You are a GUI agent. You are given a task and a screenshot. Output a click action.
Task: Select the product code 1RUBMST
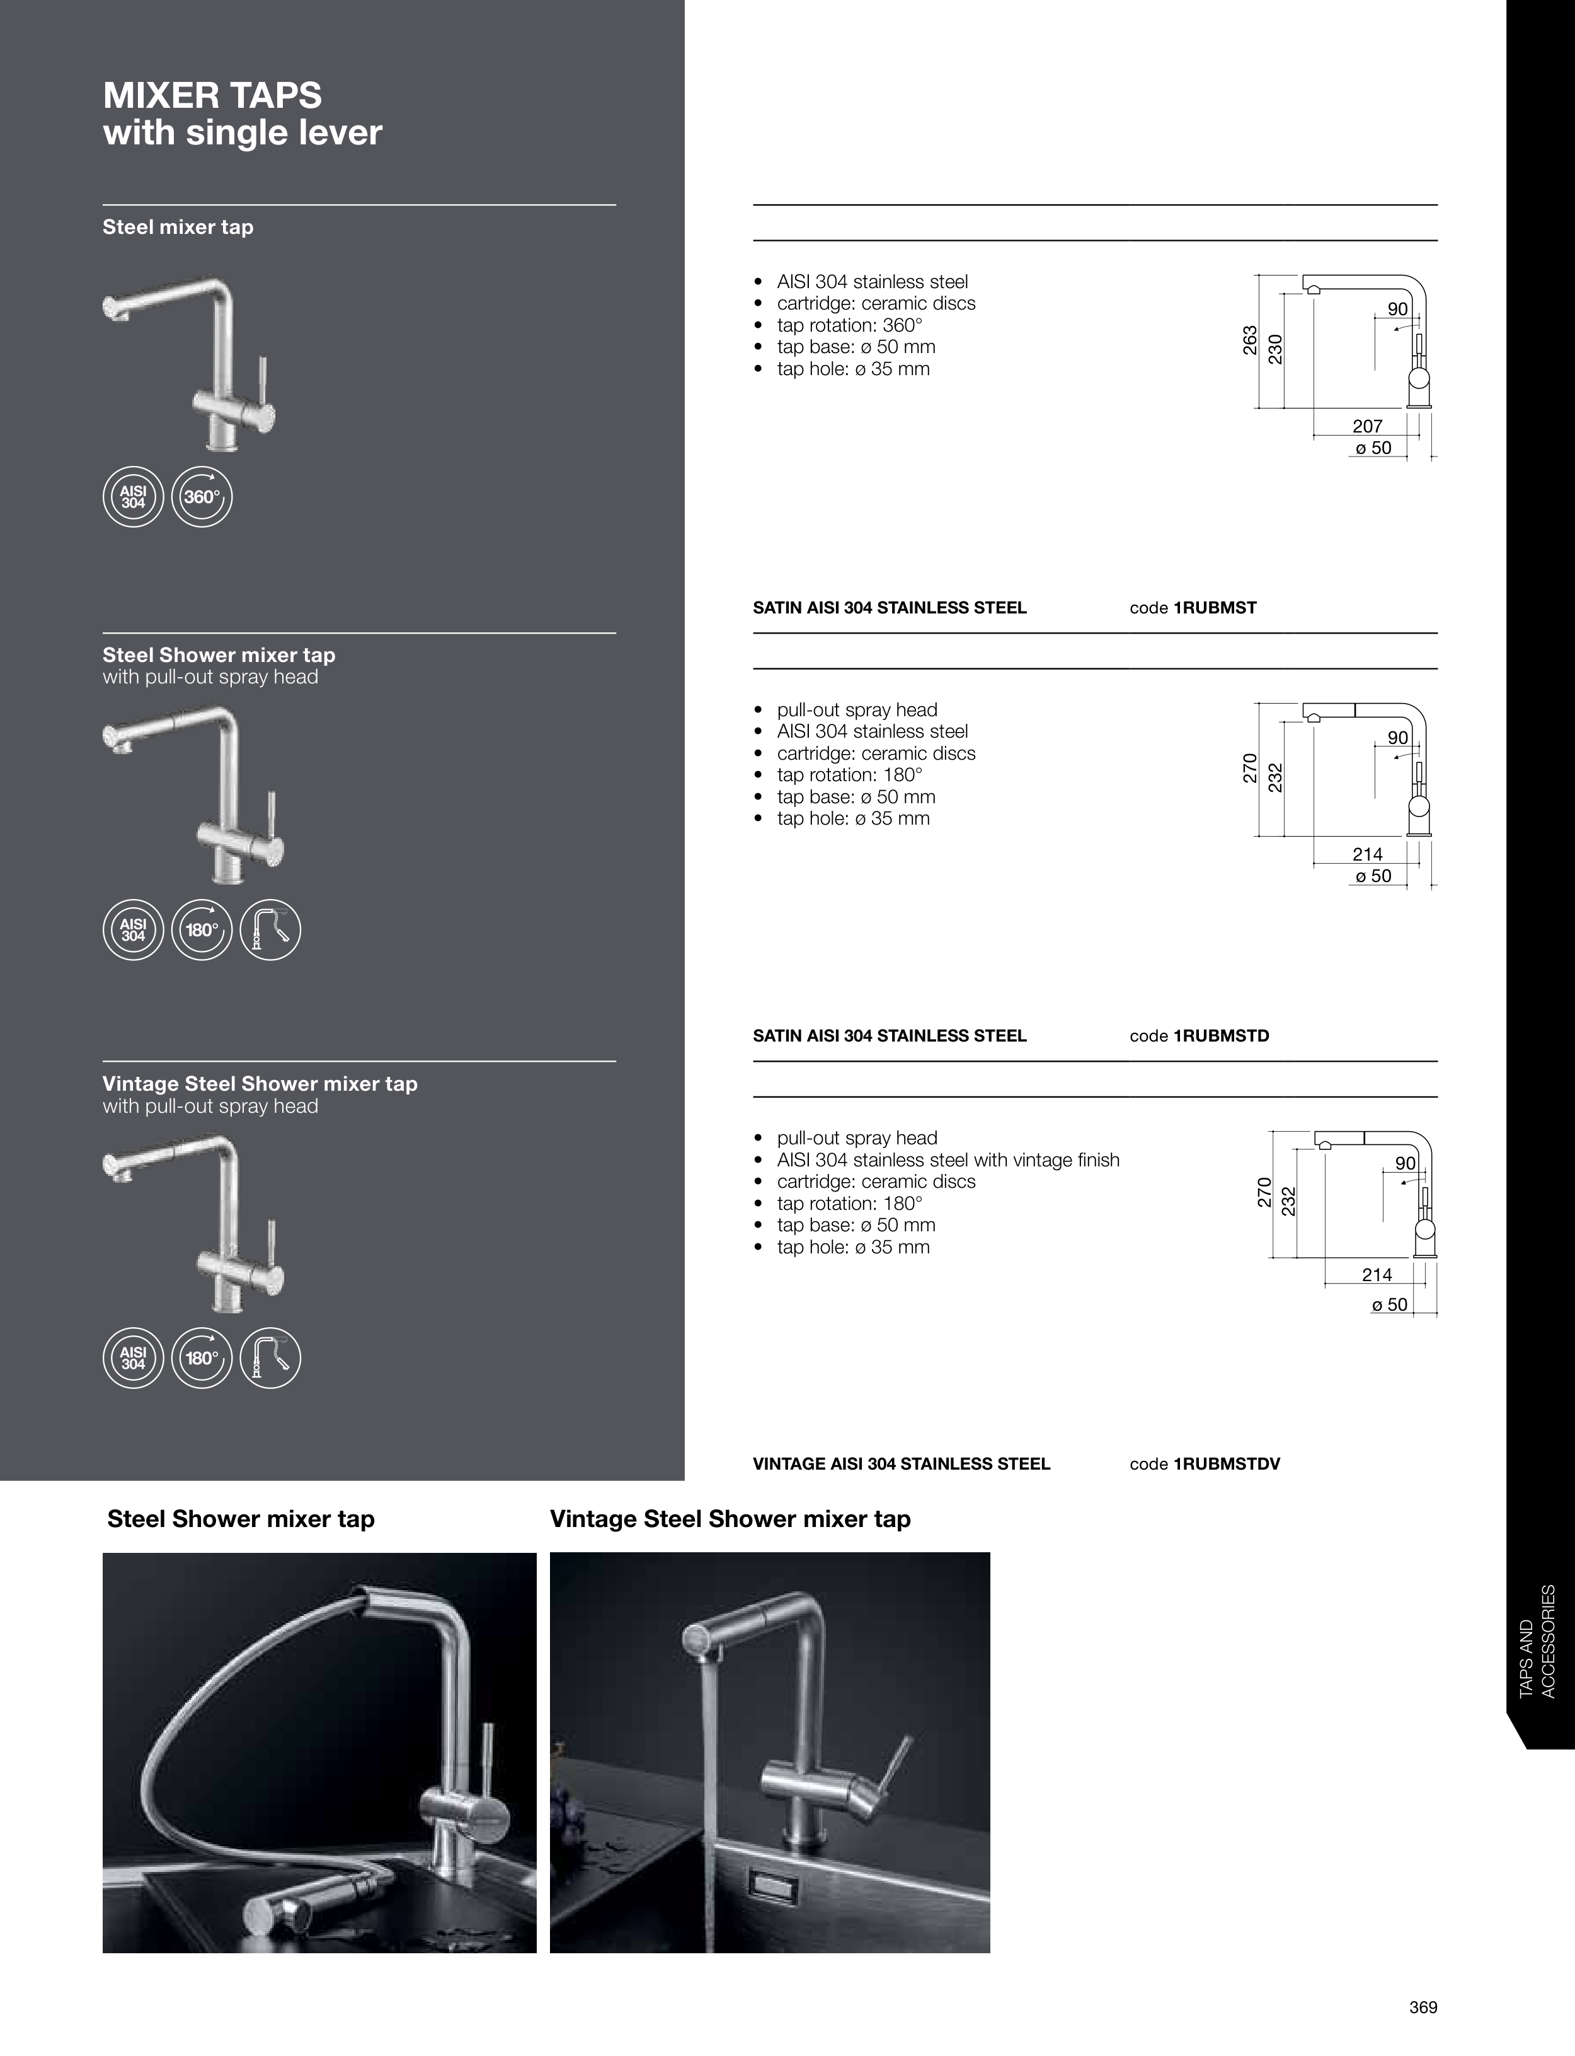click(1215, 608)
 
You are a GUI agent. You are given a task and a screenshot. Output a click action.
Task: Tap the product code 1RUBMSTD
click(1222, 1035)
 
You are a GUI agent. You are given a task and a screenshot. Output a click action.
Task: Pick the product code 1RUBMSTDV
click(1227, 1463)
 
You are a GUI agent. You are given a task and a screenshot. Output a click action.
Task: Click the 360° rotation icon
click(202, 497)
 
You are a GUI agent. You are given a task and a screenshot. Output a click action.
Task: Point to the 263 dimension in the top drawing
click(1250, 340)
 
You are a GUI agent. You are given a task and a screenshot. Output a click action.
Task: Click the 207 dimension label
click(1368, 426)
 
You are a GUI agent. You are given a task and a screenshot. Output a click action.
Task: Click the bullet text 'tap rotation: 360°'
click(849, 325)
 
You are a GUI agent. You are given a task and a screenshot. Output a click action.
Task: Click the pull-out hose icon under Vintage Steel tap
click(271, 1357)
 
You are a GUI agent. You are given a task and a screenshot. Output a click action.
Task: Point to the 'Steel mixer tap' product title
click(178, 227)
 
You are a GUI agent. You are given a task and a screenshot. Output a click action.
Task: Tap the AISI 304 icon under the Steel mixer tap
click(133, 497)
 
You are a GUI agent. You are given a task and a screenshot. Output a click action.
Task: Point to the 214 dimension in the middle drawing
click(1368, 854)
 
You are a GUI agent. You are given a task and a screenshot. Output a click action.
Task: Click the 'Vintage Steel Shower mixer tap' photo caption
click(730, 1519)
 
